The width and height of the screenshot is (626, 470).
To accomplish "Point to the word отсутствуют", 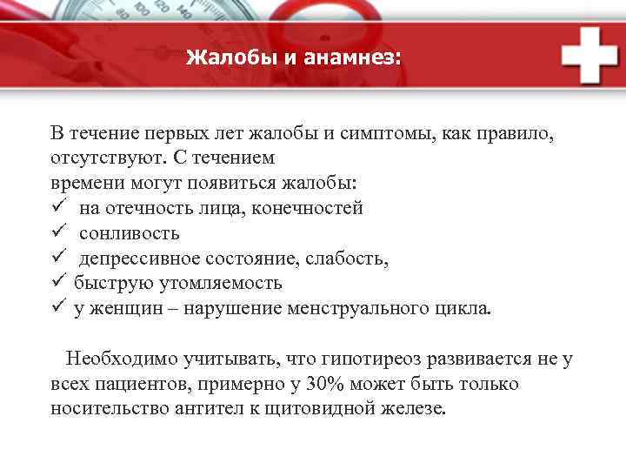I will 99,159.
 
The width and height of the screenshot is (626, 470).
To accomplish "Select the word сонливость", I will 130,234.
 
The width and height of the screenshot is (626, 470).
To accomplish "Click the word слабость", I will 355,259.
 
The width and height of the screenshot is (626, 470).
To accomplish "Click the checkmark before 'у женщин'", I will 57,309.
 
